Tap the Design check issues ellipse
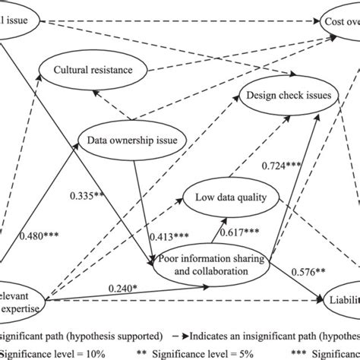click(x=287, y=96)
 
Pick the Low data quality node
click(x=231, y=198)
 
